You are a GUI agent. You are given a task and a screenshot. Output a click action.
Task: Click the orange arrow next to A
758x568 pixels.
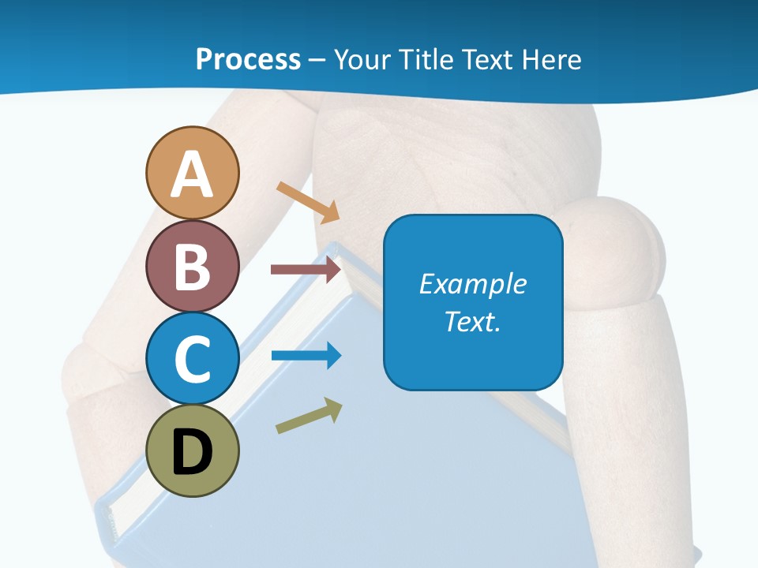tap(308, 202)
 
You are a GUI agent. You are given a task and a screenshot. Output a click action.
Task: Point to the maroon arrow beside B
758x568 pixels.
tap(306, 270)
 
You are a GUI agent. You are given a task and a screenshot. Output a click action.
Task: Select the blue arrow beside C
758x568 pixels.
tap(306, 356)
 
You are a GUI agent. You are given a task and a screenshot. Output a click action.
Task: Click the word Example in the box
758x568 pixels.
tap(473, 284)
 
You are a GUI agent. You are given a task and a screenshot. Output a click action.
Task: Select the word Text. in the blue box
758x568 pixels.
tap(473, 321)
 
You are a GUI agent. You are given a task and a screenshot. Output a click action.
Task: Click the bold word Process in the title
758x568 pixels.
tap(248, 59)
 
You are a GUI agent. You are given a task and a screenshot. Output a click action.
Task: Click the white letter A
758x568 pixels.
tap(192, 174)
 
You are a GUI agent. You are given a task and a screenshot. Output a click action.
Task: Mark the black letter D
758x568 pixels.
tap(192, 453)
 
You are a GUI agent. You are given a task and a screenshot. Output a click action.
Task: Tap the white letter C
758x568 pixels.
tap(192, 360)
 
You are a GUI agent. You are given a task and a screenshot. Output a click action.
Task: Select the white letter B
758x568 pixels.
tap(192, 267)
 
